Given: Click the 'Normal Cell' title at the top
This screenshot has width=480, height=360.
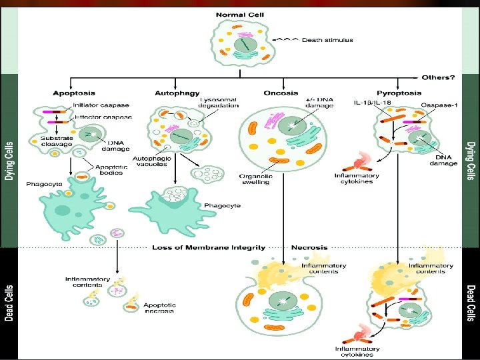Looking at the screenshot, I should click(240, 14).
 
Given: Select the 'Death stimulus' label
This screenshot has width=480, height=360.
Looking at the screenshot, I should click(327, 40).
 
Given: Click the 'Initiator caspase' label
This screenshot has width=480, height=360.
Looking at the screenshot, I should click(101, 105).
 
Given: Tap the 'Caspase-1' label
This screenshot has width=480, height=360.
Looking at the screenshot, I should click(437, 105).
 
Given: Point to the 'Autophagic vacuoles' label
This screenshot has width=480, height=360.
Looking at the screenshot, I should click(153, 162).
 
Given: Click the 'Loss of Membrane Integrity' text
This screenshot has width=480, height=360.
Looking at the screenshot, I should click(209, 247).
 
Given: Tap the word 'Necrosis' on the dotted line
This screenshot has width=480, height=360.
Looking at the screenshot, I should click(309, 247).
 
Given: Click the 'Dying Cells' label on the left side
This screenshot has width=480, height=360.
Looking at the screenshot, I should click(9, 160).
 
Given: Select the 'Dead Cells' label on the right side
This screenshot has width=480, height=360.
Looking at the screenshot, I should click(471, 303).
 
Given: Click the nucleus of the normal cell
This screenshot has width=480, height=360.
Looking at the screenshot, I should click(243, 45).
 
